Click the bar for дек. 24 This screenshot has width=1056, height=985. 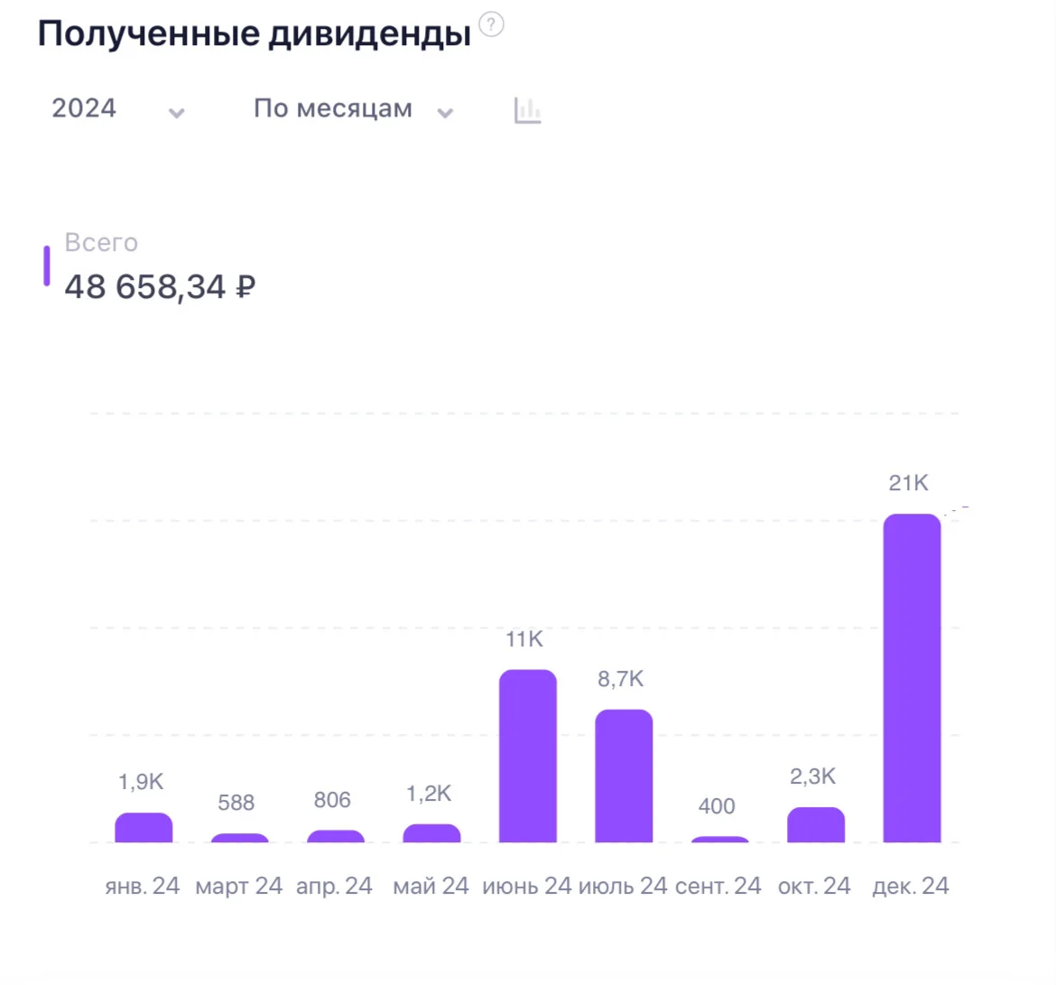(x=912, y=678)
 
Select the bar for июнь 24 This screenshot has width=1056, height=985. (x=527, y=756)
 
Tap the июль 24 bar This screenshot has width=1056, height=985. (x=624, y=776)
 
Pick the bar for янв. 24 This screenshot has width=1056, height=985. (x=144, y=827)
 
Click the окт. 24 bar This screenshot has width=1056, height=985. (x=816, y=824)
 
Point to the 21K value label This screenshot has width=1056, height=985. (x=909, y=483)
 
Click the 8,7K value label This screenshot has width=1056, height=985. (x=620, y=678)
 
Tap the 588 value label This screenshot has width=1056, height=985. (x=236, y=803)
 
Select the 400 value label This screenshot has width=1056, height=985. (x=717, y=806)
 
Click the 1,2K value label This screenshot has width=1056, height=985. (x=429, y=794)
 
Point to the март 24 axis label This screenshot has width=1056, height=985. (x=238, y=886)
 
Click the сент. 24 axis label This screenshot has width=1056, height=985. (x=718, y=886)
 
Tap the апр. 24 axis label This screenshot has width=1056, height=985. (x=334, y=886)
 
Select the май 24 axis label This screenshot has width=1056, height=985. (x=431, y=886)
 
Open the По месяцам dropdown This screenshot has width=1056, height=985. (x=353, y=108)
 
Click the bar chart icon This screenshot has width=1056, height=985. (x=527, y=110)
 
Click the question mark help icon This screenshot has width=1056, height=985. (x=491, y=25)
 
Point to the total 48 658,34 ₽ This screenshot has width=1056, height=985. (x=160, y=286)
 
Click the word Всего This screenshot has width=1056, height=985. (x=101, y=243)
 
